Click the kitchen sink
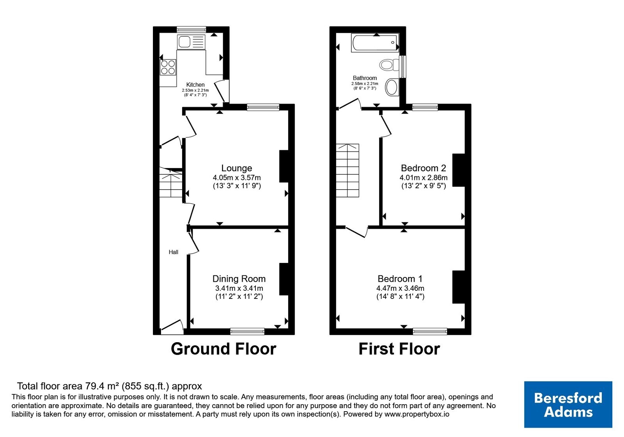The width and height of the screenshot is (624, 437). point(191,42)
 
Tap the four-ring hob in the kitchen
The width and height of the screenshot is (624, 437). point(168,67)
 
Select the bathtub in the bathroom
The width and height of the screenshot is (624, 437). point(375,43)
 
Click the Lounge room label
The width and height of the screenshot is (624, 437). point(236,168)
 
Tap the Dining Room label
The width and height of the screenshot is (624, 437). point(239,279)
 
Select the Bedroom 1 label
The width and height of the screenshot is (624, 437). point(400,279)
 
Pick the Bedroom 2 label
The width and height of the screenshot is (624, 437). point(424,168)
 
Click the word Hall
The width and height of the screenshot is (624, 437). point(173,252)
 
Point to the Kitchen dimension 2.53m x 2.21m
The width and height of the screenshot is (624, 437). point(195,90)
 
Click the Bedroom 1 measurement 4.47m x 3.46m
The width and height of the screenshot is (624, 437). point(400,288)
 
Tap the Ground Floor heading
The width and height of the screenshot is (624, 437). point(223,349)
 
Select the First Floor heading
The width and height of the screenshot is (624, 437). point(399,349)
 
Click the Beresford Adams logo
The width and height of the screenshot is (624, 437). point(568,404)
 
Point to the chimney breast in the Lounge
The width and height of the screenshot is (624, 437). point(284,166)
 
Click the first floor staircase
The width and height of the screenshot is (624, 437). point(347,170)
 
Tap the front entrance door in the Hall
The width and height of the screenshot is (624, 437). point(172,327)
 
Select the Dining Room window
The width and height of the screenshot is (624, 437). point(247,331)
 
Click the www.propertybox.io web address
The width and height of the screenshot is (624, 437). point(417,414)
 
